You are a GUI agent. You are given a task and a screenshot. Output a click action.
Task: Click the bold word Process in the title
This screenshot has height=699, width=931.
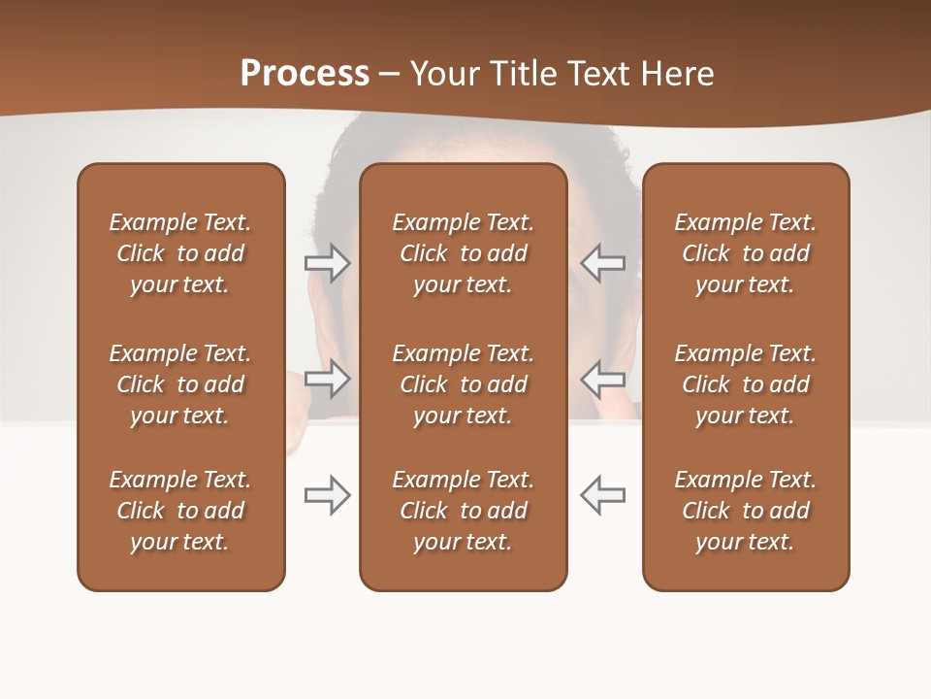(305, 74)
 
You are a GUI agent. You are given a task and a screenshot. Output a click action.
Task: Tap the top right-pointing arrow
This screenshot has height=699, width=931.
(327, 263)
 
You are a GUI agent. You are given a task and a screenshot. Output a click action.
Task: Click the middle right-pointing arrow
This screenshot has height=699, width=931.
(327, 379)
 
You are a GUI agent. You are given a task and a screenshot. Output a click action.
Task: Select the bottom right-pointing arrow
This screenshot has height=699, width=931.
(327, 495)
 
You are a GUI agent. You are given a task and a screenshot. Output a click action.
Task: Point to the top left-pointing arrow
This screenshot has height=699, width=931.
(603, 263)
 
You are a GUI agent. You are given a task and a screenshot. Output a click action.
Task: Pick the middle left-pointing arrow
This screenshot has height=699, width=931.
(603, 379)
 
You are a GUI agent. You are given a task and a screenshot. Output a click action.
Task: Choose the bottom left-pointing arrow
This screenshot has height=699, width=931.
(603, 495)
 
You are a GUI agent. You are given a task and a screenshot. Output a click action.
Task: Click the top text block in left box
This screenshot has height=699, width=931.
(180, 253)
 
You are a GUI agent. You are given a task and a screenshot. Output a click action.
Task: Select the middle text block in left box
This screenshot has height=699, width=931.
(180, 384)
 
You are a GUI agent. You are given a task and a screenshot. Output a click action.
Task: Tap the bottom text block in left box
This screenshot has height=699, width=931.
(180, 511)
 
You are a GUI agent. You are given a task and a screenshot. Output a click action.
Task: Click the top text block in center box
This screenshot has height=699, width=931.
(464, 253)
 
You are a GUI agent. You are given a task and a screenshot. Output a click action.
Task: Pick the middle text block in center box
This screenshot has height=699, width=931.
(464, 384)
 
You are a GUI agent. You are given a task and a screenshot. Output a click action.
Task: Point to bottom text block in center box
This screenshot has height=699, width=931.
(464, 511)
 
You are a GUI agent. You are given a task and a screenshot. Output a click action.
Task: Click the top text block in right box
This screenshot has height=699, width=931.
(746, 253)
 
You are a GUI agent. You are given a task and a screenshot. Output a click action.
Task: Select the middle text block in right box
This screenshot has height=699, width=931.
(746, 384)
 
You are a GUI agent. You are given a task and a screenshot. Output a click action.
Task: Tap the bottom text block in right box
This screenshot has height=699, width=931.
(746, 511)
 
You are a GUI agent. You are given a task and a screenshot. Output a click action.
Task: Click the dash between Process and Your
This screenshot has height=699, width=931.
(390, 75)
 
